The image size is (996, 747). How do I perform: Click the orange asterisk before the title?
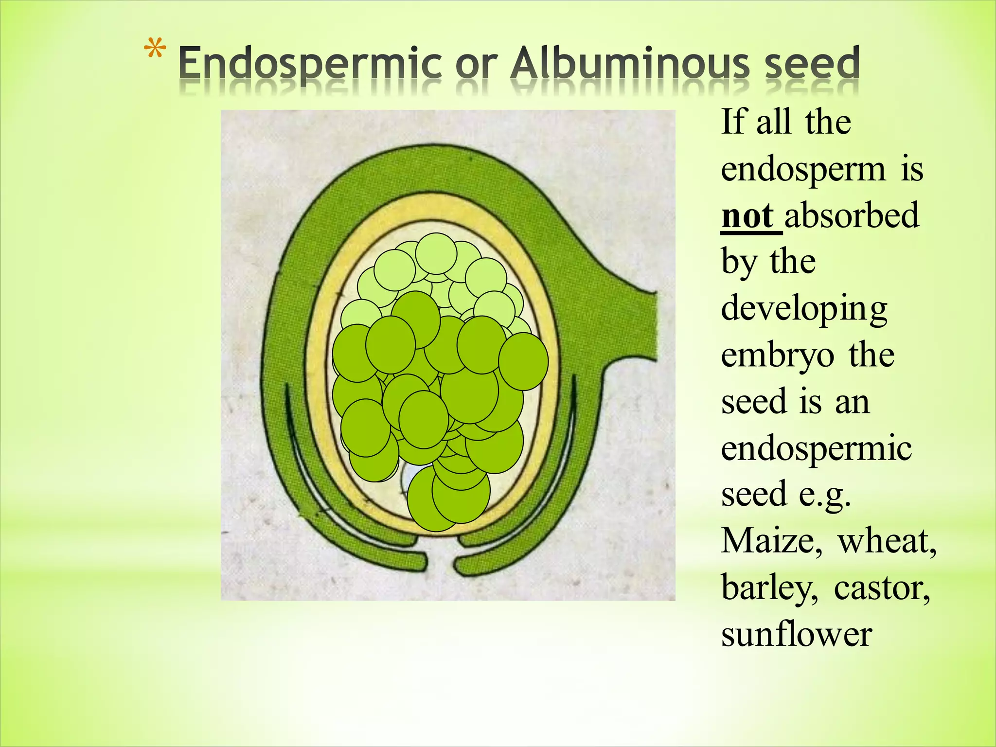click(155, 51)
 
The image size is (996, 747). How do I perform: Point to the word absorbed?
click(852, 216)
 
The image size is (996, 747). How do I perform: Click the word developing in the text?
click(804, 310)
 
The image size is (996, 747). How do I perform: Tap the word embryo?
click(778, 356)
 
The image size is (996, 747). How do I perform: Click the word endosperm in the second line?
click(803, 170)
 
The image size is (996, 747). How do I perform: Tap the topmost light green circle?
click(436, 254)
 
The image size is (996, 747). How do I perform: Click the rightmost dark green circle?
click(523, 361)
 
